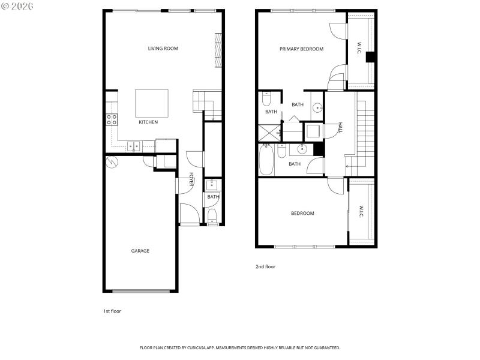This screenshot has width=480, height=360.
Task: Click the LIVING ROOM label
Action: pyautogui.click(x=163, y=49)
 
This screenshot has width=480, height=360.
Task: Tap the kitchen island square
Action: pyautogui.click(x=151, y=103)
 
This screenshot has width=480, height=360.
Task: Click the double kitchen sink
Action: pyautogui.click(x=133, y=145)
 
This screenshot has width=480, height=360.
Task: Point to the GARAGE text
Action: pyautogui.click(x=140, y=251)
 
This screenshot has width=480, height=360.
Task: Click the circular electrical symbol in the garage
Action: pyautogui.click(x=112, y=162)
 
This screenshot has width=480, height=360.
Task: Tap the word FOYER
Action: pyautogui.click(x=191, y=179)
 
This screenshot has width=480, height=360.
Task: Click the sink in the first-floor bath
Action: pyautogui.click(x=213, y=185)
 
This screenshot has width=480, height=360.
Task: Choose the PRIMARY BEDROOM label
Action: pyautogui.click(x=301, y=49)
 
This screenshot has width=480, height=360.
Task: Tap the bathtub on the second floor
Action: pyautogui.click(x=267, y=160)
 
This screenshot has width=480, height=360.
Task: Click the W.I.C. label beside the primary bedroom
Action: pyautogui.click(x=359, y=49)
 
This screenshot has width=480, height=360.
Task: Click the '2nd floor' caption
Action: pyautogui.click(x=265, y=266)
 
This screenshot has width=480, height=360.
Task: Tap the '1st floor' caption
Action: pyautogui.click(x=112, y=311)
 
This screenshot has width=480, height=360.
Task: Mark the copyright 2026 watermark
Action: pyautogui.click(x=18, y=6)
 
